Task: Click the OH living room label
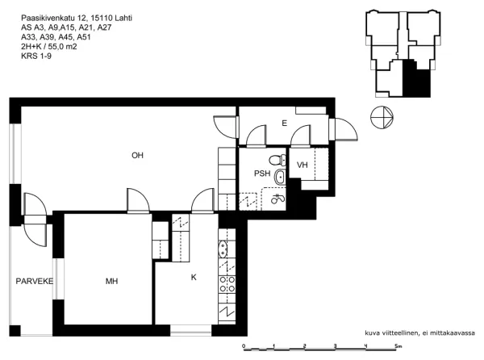pyautogui.click(x=137, y=155)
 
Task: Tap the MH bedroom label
pyautogui.click(x=111, y=281)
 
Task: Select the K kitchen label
pyautogui.click(x=194, y=277)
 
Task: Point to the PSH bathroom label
pyautogui.click(x=262, y=174)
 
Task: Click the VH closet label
pyautogui.click(x=302, y=165)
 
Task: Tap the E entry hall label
pyautogui.click(x=284, y=123)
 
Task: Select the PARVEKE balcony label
pyautogui.click(x=35, y=281)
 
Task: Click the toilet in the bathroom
pyautogui.click(x=277, y=161)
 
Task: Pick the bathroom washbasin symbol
pyautogui.click(x=280, y=178)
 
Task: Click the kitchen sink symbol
pyautogui.click(x=223, y=249)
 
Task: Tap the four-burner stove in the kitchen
pyautogui.click(x=227, y=284)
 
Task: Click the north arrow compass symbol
pyautogui.click(x=382, y=117)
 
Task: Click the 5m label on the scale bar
pyautogui.click(x=398, y=346)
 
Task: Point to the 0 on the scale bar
pyautogui.click(x=244, y=346)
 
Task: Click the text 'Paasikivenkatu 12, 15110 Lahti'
pyautogui.click(x=77, y=19)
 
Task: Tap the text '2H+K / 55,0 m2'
pyautogui.click(x=48, y=47)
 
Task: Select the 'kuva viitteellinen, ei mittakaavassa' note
pyautogui.click(x=419, y=333)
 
